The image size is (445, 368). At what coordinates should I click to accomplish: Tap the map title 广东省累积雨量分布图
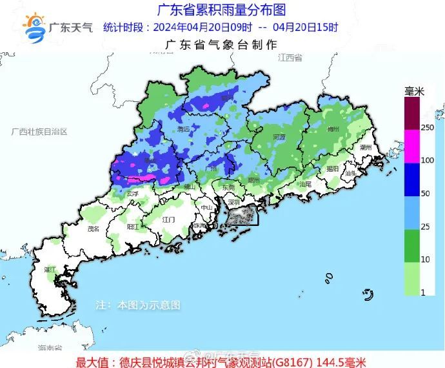[x=221, y=10]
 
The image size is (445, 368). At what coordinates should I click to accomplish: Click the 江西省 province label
[x=290, y=58]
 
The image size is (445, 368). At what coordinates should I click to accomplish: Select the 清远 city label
[x=184, y=129]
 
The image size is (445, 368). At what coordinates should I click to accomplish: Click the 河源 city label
[x=279, y=137]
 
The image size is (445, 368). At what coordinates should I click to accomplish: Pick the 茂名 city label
[x=94, y=228]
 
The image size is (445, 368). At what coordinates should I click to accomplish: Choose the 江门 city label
[x=169, y=220]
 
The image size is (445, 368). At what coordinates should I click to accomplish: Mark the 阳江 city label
[x=133, y=227]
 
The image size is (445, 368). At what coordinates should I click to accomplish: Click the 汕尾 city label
[x=305, y=184]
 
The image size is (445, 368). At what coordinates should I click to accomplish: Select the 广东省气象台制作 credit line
[x=221, y=45]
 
